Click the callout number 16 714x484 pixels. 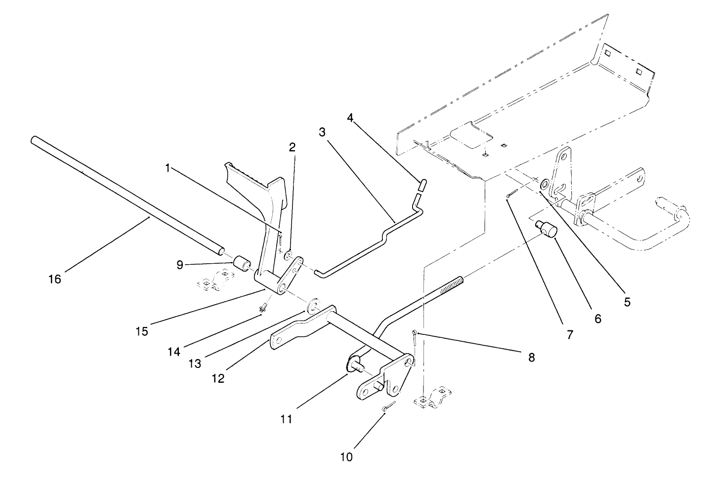coord(55,279)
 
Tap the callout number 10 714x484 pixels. coord(347,457)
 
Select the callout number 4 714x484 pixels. coord(350,118)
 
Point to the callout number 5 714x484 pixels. coord(627,302)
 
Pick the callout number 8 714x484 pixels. coord(532,357)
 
